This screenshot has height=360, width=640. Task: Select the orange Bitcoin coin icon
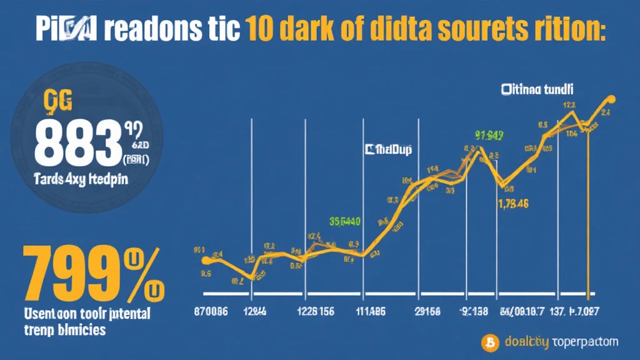point(491,342)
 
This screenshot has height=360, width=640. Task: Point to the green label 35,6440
point(344,220)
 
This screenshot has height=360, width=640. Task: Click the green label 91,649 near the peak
point(489,134)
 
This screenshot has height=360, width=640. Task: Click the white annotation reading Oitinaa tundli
point(537,90)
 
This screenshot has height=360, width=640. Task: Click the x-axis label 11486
point(371,311)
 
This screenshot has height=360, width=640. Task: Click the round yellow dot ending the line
point(611,99)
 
